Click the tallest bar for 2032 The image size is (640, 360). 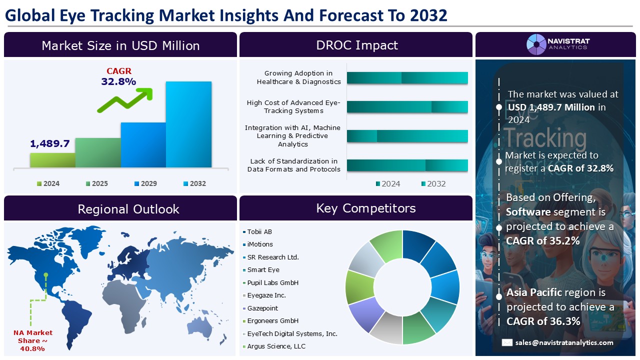(188, 124)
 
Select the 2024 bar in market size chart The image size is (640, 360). (52, 160)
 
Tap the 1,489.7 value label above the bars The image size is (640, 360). (49, 143)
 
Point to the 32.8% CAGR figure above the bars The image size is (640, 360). (118, 81)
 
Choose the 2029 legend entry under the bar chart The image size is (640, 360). (145, 183)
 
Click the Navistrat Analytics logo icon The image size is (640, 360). (536, 44)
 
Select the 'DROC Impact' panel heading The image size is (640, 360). (356, 45)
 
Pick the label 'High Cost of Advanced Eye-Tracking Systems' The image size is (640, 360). (293, 106)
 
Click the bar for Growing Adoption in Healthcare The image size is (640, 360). (407, 78)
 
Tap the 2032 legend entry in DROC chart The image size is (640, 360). (433, 183)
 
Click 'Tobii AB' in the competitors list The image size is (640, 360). (259, 231)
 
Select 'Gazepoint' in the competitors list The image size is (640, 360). (262, 308)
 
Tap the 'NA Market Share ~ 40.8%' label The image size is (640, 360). (32, 340)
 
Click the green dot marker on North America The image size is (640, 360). (45, 274)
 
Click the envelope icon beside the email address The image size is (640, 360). (507, 342)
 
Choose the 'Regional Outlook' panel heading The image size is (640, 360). (128, 209)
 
